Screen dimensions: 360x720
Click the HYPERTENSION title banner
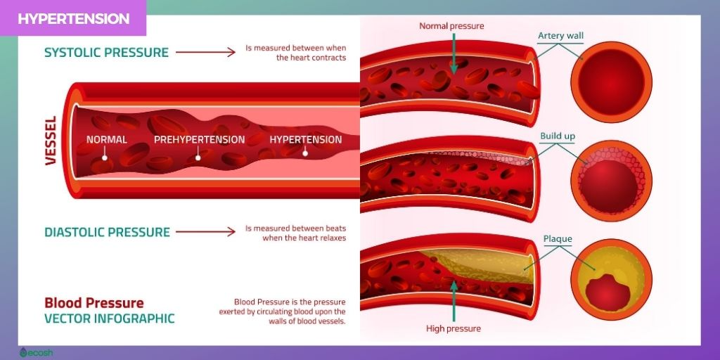[74, 19]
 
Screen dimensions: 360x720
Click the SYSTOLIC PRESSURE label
[106, 53]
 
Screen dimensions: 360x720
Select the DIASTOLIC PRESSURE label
[107, 232]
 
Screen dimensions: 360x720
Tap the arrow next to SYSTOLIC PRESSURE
[205, 53]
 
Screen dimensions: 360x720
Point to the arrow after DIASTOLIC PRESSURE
[205, 232]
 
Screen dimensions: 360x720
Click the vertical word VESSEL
[51, 141]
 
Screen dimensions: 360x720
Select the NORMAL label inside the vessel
[107, 139]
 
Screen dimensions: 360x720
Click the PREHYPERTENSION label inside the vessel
[200, 139]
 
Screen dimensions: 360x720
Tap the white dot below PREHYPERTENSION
[198, 157]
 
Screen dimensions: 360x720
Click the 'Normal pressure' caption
[451, 27]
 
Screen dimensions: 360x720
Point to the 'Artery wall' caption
[560, 36]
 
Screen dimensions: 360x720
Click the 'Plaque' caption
[558, 239]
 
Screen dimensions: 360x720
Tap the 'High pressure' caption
[454, 328]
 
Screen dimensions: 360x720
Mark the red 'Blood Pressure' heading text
[94, 303]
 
